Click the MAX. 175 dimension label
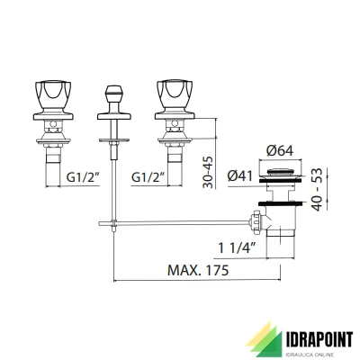point(198,270)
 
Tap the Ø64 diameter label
point(280,151)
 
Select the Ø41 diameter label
point(240,176)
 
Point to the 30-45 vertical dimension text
point(208,172)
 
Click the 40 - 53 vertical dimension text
point(317,190)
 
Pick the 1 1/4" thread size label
point(237,247)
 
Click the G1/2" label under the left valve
point(83,177)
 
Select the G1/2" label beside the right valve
point(148,177)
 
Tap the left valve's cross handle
point(53,94)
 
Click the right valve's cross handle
point(175,94)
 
